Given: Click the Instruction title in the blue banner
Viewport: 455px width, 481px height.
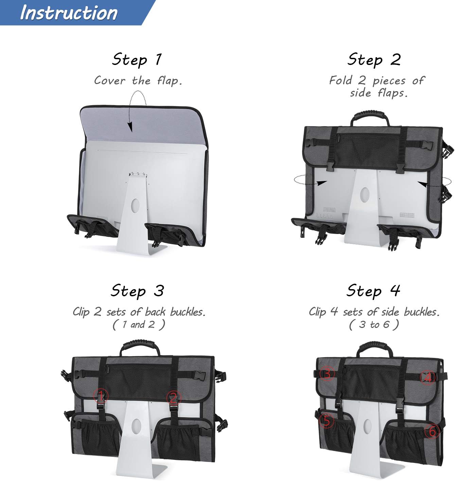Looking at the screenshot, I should [69, 13].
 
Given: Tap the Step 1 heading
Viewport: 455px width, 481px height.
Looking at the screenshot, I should [137, 60].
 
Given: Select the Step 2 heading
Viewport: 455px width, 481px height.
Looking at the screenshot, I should [374, 60].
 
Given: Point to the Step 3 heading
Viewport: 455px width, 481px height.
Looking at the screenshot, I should [137, 291].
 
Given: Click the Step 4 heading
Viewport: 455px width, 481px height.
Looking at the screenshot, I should [373, 291].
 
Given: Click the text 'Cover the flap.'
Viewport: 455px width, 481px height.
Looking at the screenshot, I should [138, 81].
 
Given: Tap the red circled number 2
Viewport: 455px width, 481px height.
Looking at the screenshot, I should [174, 397].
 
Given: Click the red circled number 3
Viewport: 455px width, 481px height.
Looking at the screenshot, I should [327, 374].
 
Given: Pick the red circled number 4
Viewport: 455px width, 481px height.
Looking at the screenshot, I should [428, 377].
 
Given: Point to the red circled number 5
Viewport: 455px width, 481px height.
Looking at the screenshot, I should [326, 421].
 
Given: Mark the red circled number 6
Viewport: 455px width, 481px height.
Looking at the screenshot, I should [432, 431].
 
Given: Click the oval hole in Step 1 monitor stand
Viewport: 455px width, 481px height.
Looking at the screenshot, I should [135, 205].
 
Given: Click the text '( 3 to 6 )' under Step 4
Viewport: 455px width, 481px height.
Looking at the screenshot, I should [374, 325].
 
